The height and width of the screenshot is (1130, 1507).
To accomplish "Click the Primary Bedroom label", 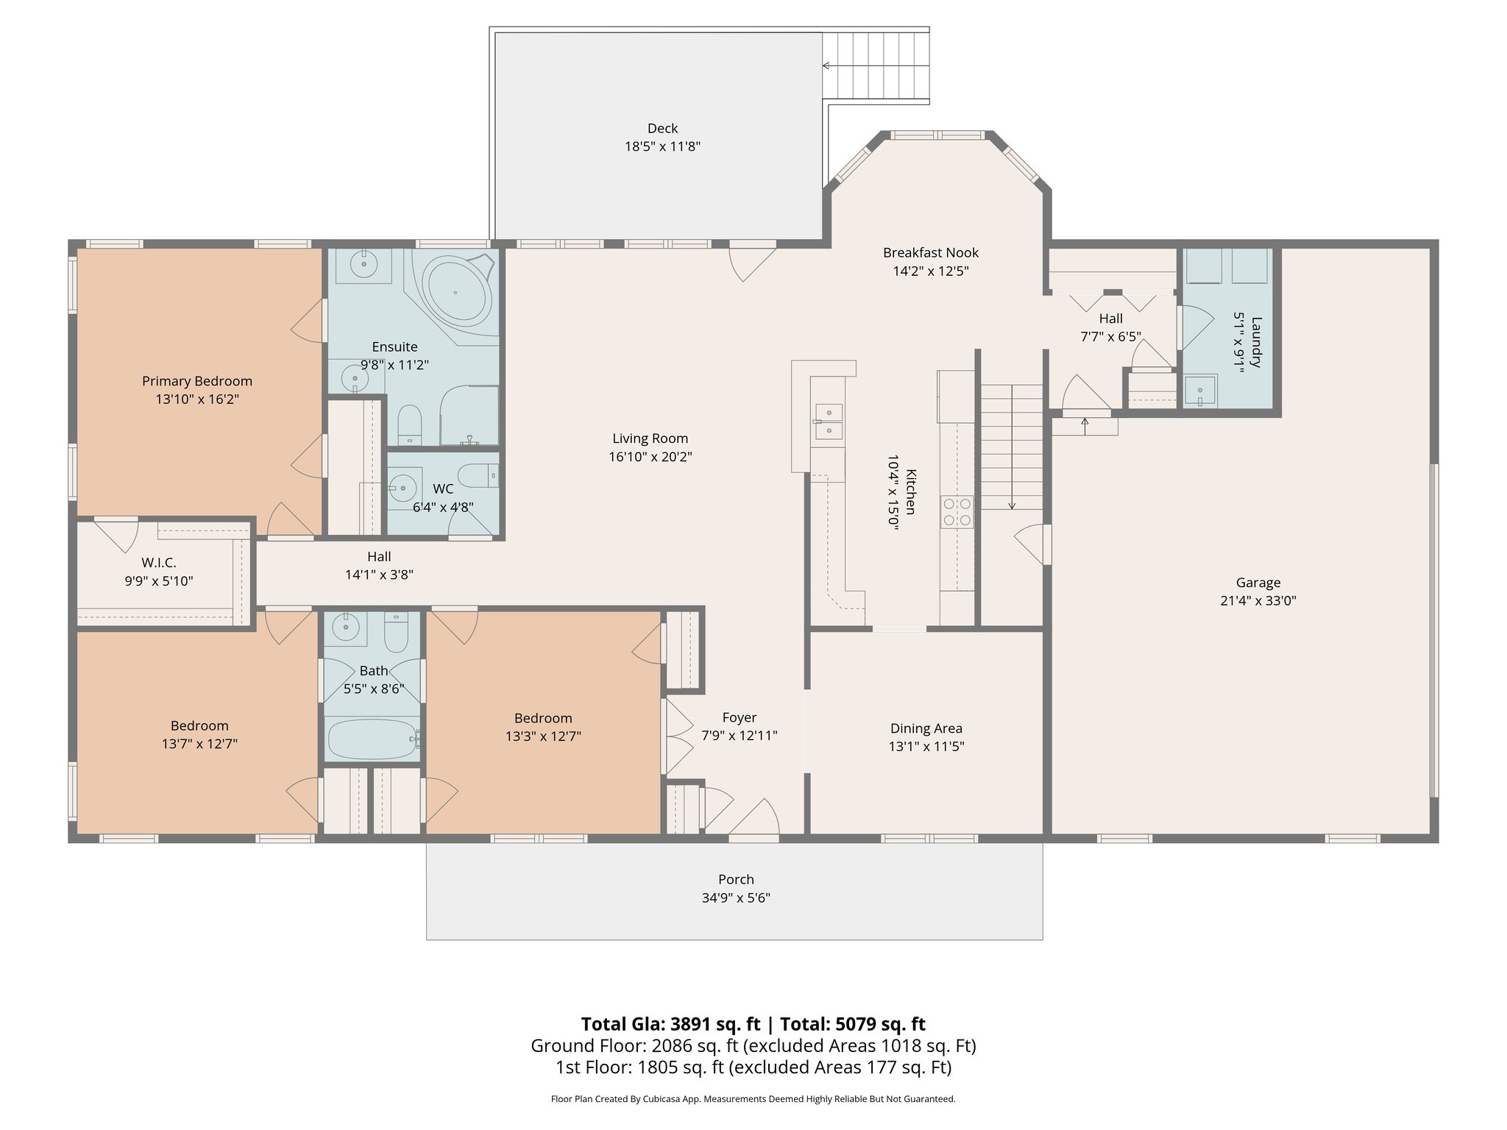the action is point(197,381).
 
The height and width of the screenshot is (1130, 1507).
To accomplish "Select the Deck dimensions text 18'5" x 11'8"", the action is point(662,146).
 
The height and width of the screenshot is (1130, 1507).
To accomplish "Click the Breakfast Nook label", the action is point(931,252).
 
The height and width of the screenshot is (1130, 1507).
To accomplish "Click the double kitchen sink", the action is point(829,422).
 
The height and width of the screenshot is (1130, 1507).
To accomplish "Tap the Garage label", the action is point(1258,583).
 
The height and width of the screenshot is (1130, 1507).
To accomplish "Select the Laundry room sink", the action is point(1200,390).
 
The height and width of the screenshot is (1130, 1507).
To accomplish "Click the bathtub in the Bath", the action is point(372,739).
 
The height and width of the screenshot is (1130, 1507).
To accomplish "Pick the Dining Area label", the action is point(926,728).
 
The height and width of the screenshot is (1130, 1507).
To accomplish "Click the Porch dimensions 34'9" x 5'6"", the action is point(736,898).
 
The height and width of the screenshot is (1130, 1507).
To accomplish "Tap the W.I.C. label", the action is point(159,563).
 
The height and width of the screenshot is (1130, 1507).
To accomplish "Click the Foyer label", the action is point(740,717).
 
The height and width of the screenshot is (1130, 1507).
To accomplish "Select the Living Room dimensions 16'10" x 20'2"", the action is point(650,457).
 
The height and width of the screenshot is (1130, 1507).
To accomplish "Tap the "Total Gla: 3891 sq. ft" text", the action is point(670,1024).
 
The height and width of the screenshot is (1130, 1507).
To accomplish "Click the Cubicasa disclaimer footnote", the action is point(753,1099).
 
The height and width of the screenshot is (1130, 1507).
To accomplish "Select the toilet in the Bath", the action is point(397,633).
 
